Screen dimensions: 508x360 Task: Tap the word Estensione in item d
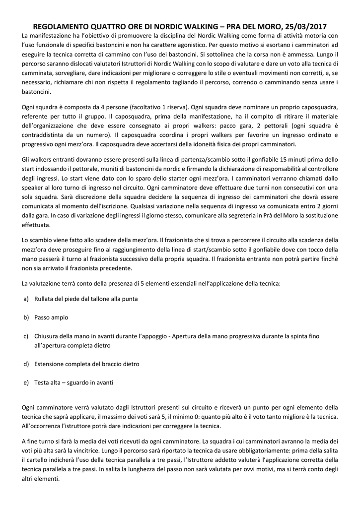click(52, 364)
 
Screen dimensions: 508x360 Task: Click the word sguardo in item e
click(79, 382)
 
